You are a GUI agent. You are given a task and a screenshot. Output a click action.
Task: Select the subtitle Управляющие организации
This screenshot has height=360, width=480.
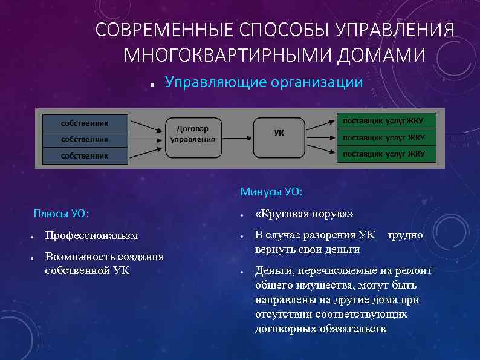(x=264, y=82)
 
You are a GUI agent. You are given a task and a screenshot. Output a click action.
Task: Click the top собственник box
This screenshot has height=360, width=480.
(x=85, y=123)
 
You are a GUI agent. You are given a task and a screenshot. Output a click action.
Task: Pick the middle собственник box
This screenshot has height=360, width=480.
(x=85, y=139)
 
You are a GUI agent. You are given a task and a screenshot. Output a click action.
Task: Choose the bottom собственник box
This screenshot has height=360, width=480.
(x=85, y=155)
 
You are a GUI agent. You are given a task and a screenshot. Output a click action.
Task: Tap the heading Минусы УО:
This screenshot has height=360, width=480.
(x=271, y=192)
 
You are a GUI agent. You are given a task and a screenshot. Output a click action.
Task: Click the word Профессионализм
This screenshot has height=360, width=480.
(x=91, y=235)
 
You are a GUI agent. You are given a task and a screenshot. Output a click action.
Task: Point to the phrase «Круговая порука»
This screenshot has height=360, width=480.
(x=305, y=214)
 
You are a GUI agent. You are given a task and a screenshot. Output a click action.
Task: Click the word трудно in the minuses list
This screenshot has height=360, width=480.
(x=405, y=234)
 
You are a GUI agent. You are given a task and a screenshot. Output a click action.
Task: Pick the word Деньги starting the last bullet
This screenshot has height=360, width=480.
(x=272, y=270)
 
